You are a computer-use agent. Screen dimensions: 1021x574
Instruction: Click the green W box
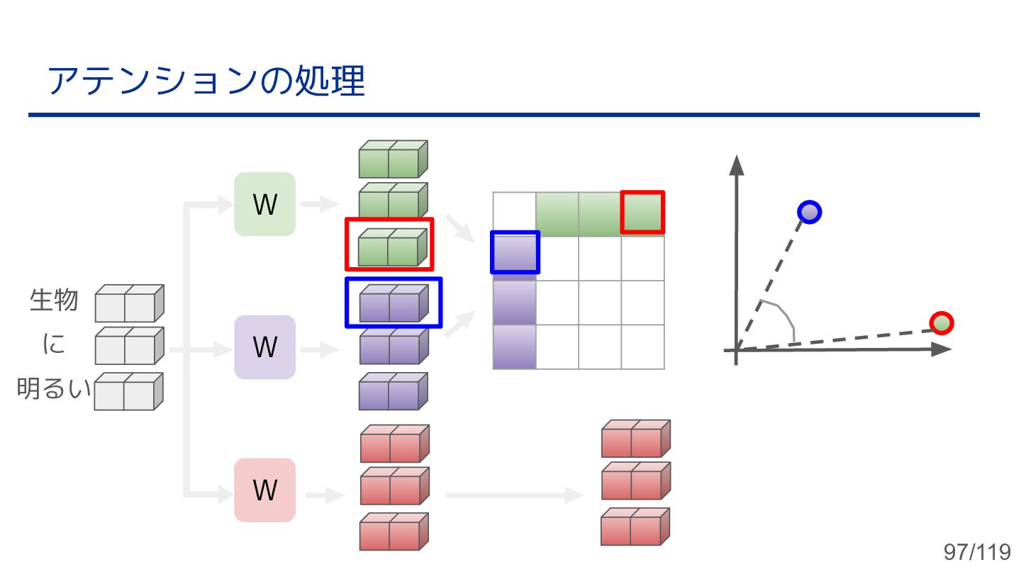pyautogui.click(x=264, y=204)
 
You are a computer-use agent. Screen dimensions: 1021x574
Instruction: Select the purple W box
pyautogui.click(x=264, y=347)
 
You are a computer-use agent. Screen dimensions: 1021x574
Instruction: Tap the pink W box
pyautogui.click(x=264, y=490)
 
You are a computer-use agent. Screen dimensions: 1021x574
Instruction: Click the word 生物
pyautogui.click(x=54, y=300)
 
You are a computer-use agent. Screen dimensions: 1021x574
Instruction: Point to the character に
pyautogui.click(x=54, y=344)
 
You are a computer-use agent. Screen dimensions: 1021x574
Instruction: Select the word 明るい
pyautogui.click(x=54, y=389)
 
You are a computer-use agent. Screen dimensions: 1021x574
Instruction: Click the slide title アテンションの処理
pyautogui.click(x=206, y=82)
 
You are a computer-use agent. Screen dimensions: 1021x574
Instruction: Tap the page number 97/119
pyautogui.click(x=976, y=552)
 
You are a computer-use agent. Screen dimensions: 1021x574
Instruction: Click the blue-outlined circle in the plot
pyautogui.click(x=809, y=212)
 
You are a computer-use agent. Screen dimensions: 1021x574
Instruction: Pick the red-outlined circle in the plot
pyautogui.click(x=941, y=323)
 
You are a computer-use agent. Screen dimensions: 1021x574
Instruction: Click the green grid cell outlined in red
pyautogui.click(x=642, y=212)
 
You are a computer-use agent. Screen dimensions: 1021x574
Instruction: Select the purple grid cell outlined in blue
pyautogui.click(x=515, y=252)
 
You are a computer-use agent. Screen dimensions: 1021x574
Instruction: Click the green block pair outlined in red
pyautogui.click(x=389, y=244)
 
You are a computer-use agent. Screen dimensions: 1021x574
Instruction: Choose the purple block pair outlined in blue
pyautogui.click(x=394, y=303)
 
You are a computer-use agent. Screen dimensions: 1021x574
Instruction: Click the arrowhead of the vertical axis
pyautogui.click(x=737, y=164)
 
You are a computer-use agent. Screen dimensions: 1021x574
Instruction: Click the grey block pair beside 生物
pyautogui.click(x=129, y=303)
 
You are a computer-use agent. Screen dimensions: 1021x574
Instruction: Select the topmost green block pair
pyautogui.click(x=393, y=159)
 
